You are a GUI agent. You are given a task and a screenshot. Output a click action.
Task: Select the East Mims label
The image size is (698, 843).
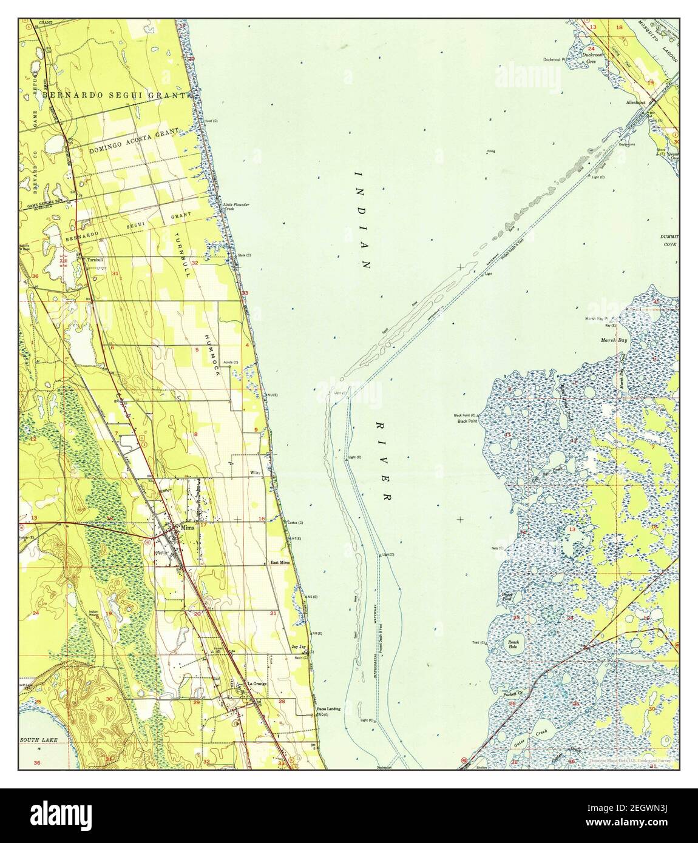coord(280,563)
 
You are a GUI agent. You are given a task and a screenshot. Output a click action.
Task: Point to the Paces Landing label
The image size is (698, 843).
coord(328,709)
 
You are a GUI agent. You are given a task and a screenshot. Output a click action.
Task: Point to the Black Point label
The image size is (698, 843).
coord(468,420)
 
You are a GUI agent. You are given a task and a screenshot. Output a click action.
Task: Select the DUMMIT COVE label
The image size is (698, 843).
coord(669,240)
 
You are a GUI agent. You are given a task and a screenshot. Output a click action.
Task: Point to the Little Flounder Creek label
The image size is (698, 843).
coord(236,206)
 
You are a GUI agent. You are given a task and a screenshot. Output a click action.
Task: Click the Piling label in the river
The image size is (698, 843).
coord(490,150)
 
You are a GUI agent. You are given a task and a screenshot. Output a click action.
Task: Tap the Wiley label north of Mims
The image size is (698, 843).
coord(256,472)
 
